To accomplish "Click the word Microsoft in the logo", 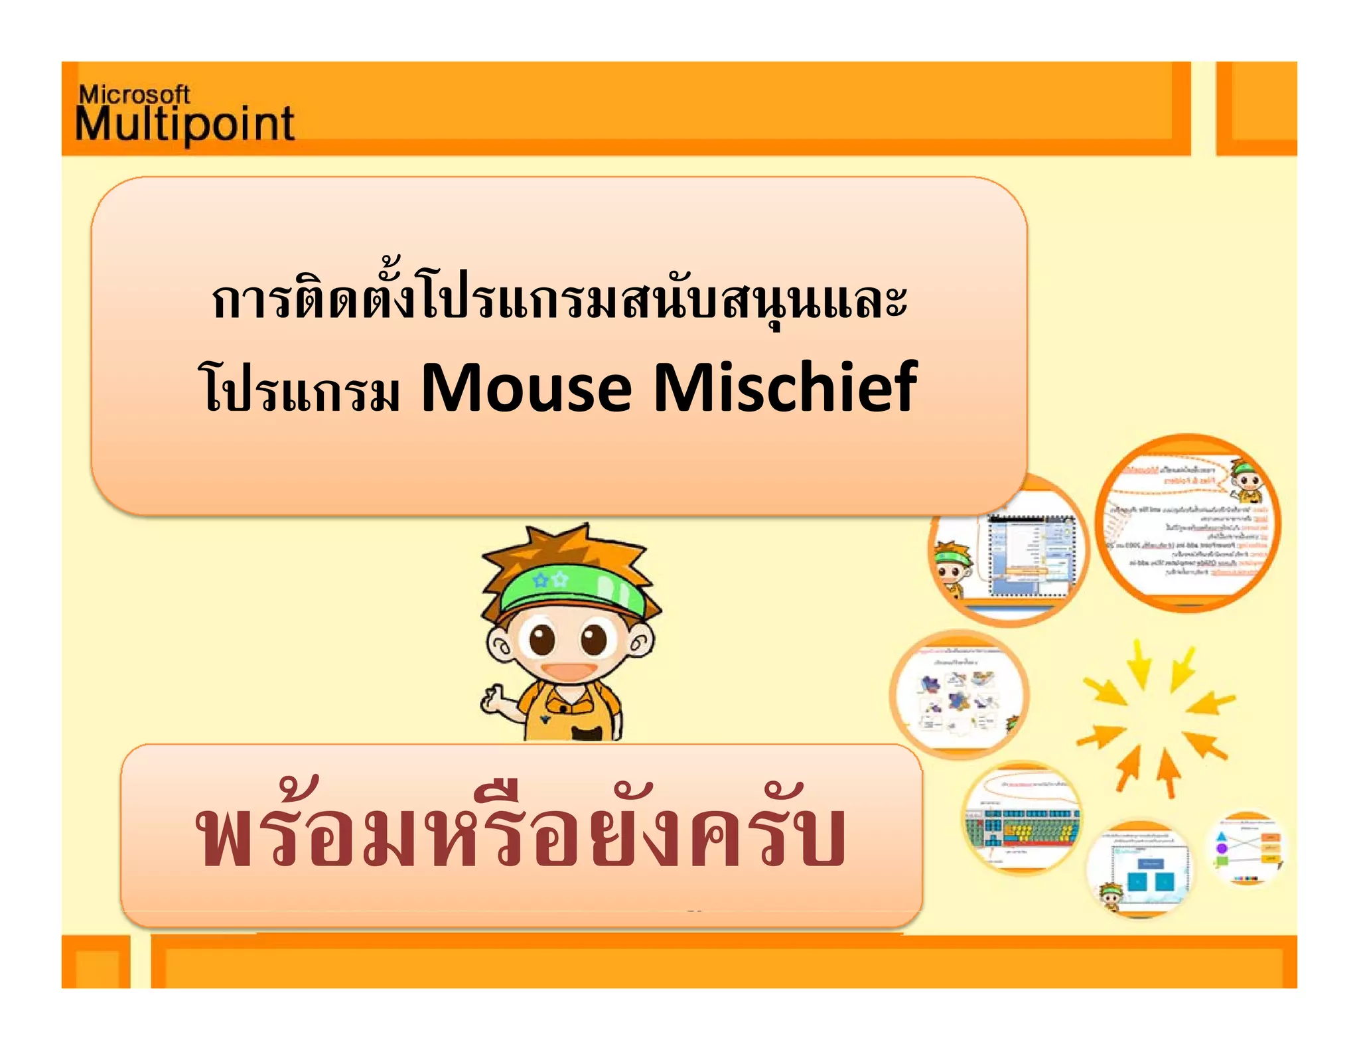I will (x=134, y=94).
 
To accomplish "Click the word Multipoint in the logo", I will (x=185, y=124).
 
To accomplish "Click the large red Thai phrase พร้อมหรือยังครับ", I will (x=521, y=830).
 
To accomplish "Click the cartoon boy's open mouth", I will (x=568, y=670).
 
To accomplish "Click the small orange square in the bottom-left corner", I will (x=96, y=966).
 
